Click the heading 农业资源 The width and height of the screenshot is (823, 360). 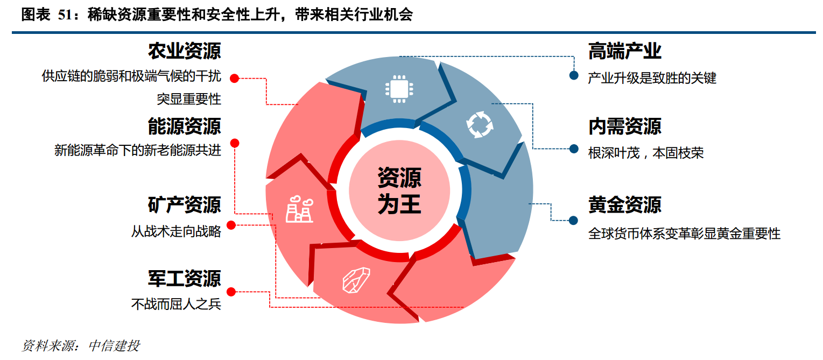click(185, 51)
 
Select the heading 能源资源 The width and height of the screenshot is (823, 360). click(185, 126)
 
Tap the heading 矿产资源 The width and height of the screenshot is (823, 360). click(185, 204)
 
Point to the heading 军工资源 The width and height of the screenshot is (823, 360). click(185, 278)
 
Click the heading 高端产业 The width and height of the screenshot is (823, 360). click(624, 51)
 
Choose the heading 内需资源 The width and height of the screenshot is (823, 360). click(624, 126)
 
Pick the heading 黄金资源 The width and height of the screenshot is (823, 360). click(624, 204)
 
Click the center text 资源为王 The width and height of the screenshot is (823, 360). click(399, 190)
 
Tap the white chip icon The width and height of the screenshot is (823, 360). click(399, 89)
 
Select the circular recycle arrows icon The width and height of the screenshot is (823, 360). click(480, 125)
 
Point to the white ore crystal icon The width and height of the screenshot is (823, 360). click(356, 280)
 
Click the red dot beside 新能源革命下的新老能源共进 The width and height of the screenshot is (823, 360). click(235, 143)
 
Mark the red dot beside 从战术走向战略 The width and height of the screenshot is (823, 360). click(231, 225)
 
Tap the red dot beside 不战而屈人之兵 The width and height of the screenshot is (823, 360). click(231, 292)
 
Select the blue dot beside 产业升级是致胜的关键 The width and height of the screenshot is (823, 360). click(574, 75)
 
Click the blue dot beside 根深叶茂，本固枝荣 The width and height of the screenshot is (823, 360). click(574, 149)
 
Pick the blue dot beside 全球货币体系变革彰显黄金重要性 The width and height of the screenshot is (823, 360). click(573, 221)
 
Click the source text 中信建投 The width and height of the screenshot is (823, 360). click(114, 345)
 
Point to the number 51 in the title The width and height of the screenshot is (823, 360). click(65, 15)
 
